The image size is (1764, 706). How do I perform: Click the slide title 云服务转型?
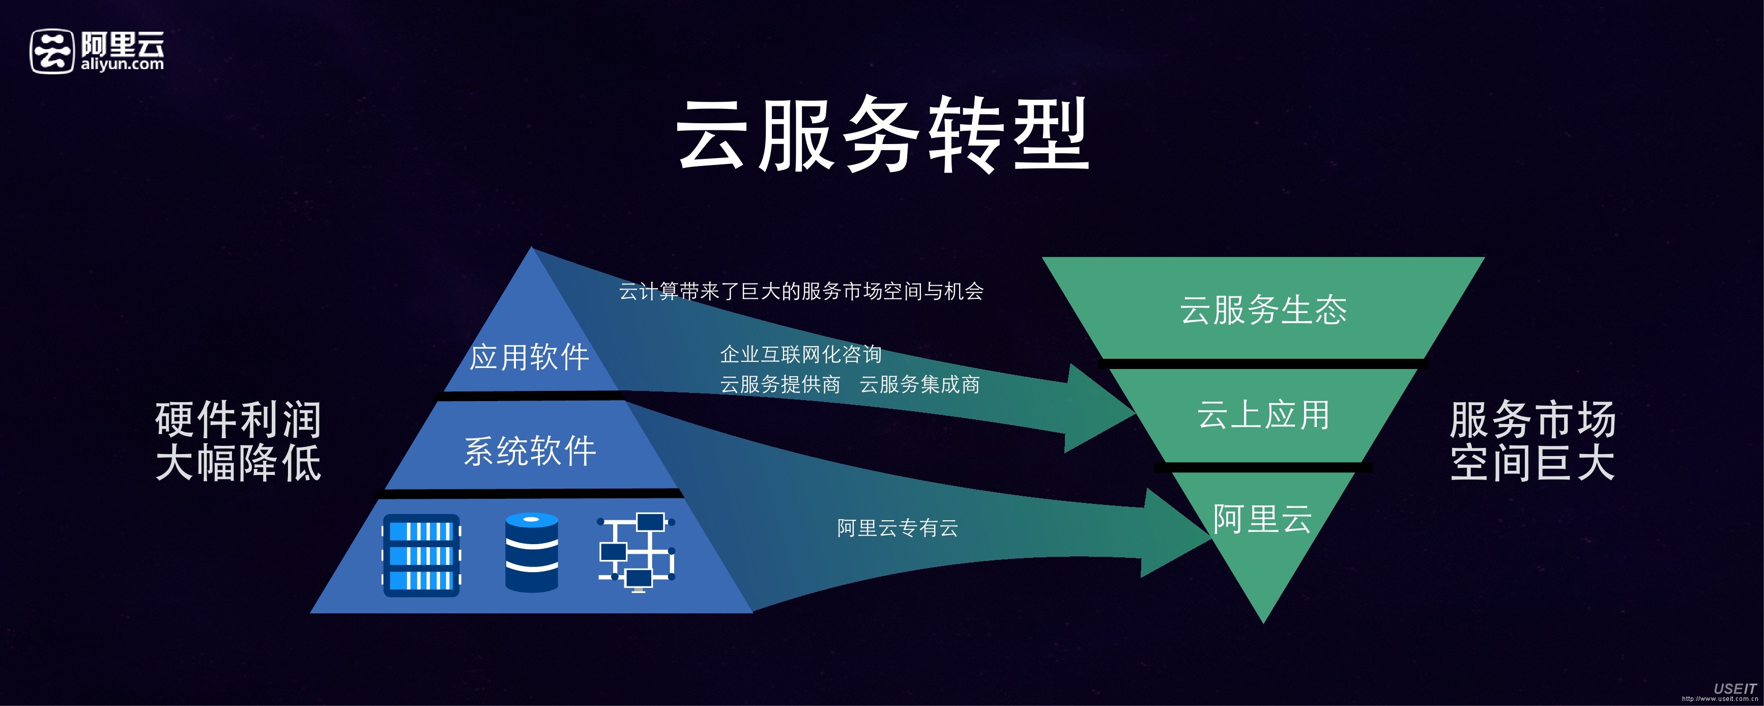click(882, 134)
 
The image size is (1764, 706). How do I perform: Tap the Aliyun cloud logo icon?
click(51, 51)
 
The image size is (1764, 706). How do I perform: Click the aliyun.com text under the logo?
click(123, 64)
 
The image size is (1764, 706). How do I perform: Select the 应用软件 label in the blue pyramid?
click(529, 357)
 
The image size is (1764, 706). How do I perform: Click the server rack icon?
click(421, 555)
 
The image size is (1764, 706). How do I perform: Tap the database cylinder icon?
click(531, 552)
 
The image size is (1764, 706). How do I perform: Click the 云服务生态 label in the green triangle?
click(1263, 309)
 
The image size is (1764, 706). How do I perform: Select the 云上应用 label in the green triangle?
click(1263, 415)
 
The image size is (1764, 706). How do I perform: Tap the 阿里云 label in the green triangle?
click(1262, 518)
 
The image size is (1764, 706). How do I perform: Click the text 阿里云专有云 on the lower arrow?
click(897, 527)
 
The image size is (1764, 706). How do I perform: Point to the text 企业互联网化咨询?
click(800, 354)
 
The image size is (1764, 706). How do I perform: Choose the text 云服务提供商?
click(780, 384)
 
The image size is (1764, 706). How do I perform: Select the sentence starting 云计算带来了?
click(801, 292)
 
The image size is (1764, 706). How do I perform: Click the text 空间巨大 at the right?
click(1532, 463)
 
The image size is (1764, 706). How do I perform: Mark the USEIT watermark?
click(1734, 688)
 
